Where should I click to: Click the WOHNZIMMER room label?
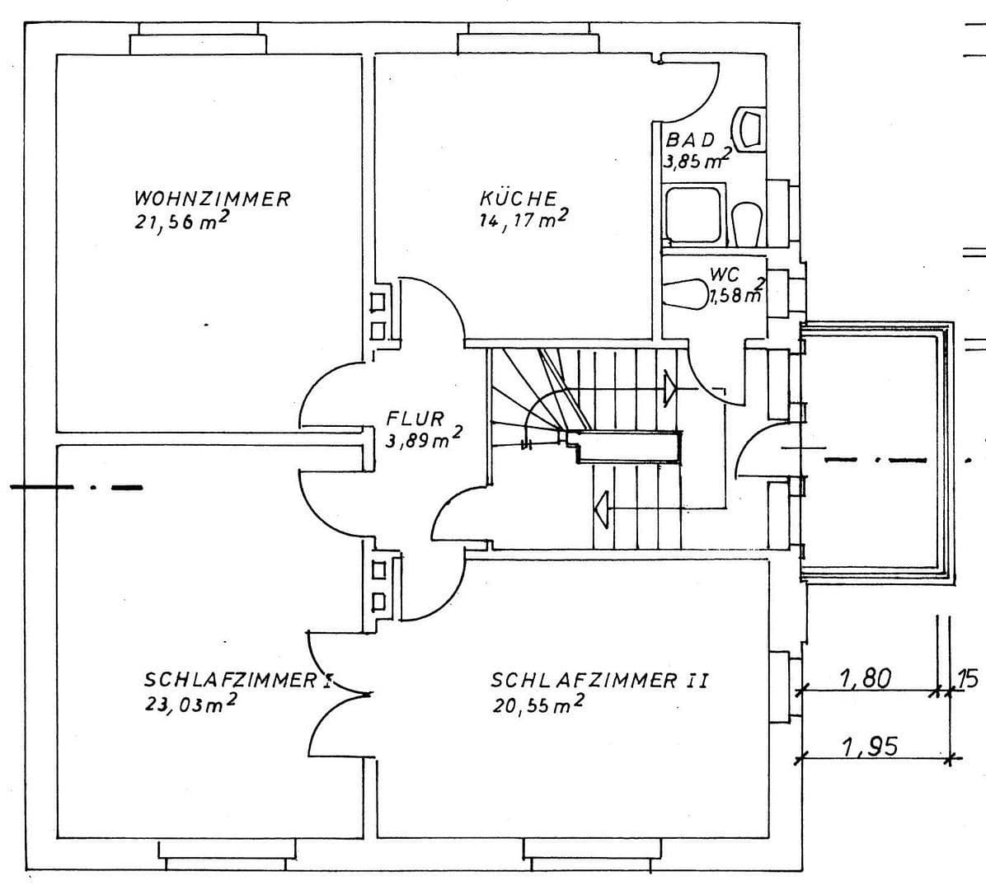pyautogui.click(x=212, y=199)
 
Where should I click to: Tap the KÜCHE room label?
pyautogui.click(x=519, y=199)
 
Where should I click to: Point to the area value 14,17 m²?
pyautogui.click(x=524, y=220)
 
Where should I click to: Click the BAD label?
pyautogui.click(x=690, y=140)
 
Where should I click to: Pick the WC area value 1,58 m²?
pyautogui.click(x=735, y=293)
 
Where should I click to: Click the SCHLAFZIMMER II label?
pyautogui.click(x=599, y=681)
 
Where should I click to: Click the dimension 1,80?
pyautogui.click(x=866, y=678)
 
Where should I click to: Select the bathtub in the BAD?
pyautogui.click(x=693, y=214)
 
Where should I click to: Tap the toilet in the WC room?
pyautogui.click(x=683, y=293)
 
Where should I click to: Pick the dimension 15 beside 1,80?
pyautogui.click(x=966, y=678)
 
